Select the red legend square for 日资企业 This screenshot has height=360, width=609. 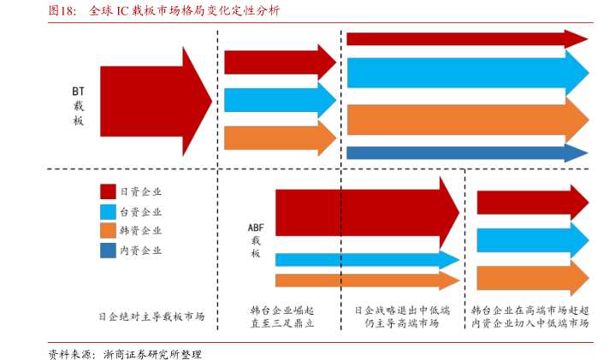coord(108,192)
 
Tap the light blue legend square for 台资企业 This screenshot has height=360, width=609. coord(108,211)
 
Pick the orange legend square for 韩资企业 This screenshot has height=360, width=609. coord(108,231)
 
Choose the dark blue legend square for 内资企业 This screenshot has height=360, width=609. coord(108,251)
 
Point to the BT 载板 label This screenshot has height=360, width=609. coord(79,105)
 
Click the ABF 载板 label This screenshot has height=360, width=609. coord(256,239)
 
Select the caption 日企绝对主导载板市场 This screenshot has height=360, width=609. coord(151,316)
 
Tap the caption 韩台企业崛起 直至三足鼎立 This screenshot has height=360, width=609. coord(282,316)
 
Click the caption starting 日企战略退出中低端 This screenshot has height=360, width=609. coord(401,316)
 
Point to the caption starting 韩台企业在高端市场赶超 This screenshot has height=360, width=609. coord(529,316)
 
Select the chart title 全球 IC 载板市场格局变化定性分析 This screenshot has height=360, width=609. coord(183,12)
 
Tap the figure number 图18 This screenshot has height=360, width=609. coord(62,12)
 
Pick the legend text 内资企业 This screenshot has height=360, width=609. coord(141,251)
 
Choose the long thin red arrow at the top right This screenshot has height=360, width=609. coord(466,38)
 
